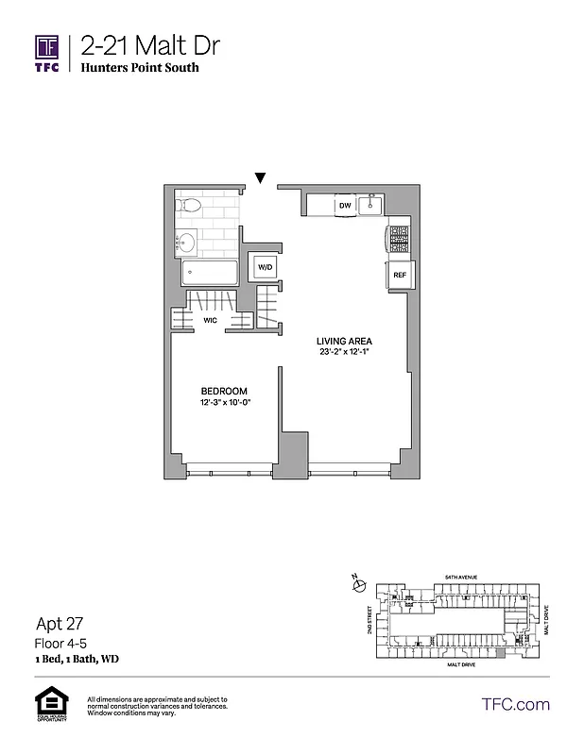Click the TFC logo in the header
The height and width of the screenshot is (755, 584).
point(47,52)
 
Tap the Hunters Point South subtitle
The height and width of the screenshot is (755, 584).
point(140,69)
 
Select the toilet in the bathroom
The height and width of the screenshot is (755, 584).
point(189,206)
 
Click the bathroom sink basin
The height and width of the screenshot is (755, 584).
point(186,243)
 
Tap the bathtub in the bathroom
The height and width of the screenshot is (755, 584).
point(210,274)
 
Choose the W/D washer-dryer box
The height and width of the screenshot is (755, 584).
point(265,268)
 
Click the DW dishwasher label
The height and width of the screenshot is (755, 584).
point(345,205)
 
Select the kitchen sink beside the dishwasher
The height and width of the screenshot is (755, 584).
point(371,204)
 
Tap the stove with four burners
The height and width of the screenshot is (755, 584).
point(399,239)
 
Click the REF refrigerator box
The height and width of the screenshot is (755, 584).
point(399,276)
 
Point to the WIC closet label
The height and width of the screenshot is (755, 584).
point(210,320)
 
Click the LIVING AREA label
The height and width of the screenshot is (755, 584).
point(345,341)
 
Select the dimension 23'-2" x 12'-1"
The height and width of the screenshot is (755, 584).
point(345,353)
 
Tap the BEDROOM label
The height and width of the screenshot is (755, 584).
point(224,392)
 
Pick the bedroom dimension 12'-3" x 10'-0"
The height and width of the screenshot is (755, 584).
point(224,404)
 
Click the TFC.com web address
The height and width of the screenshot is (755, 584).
point(515,704)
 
